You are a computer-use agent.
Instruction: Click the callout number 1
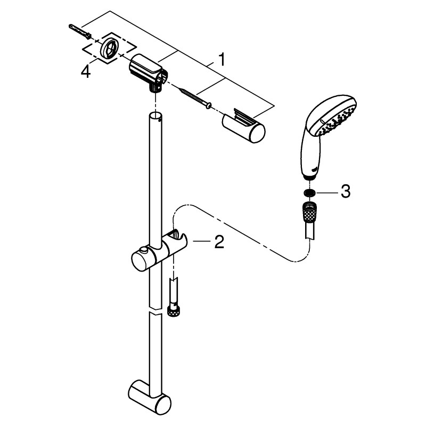[x=222, y=60]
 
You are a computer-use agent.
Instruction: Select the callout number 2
[x=219, y=242]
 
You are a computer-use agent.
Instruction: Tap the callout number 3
[x=345, y=191]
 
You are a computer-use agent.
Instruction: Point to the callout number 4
[x=86, y=72]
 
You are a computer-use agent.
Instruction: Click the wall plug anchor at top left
[x=79, y=30]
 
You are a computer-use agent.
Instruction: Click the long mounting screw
[x=195, y=97]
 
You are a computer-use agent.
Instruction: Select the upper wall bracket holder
[x=147, y=72]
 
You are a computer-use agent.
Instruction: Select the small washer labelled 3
[x=309, y=192]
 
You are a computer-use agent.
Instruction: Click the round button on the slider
[x=143, y=250]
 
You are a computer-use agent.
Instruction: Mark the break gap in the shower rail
[x=155, y=311]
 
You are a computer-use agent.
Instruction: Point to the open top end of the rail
[x=155, y=115]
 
